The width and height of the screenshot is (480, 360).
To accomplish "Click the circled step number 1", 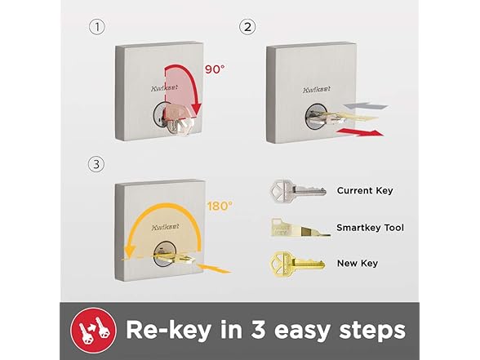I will [x=96, y=28].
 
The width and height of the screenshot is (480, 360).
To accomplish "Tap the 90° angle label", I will [x=215, y=69].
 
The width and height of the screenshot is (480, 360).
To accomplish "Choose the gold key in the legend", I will [x=293, y=263].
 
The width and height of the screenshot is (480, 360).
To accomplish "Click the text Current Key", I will [x=365, y=191].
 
